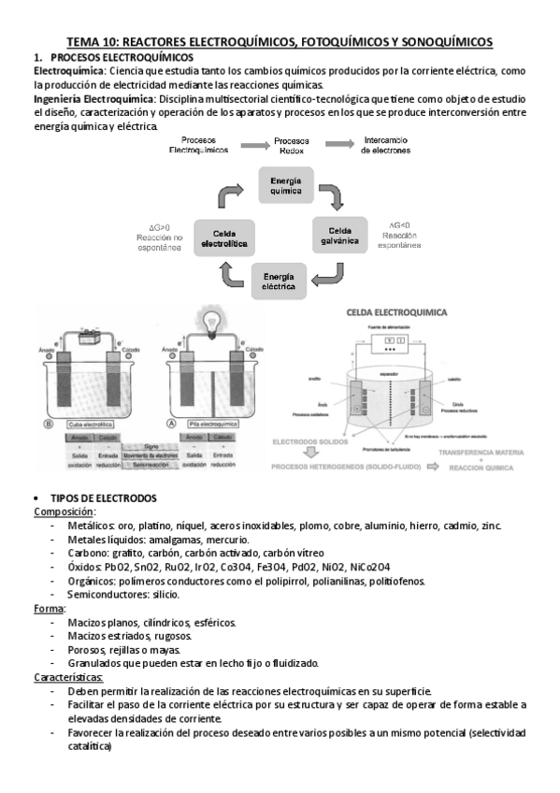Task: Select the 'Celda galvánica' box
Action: point(342,234)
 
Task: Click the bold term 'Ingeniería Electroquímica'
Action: point(94,98)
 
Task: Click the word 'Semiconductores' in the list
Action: point(104,595)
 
